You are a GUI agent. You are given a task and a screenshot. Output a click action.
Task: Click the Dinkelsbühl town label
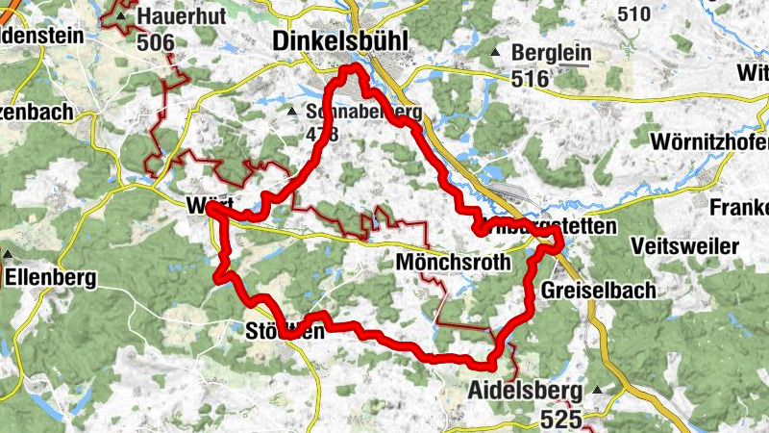pyautogui.click(x=340, y=40)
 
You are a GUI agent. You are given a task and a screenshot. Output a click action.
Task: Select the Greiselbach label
pyautogui.click(x=598, y=290)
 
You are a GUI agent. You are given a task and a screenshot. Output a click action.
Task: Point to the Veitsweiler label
pyautogui.click(x=685, y=245)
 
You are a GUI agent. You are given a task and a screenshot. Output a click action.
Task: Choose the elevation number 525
pyautogui.click(x=560, y=419)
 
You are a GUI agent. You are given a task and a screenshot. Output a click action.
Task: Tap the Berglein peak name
pyautogui.click(x=551, y=54)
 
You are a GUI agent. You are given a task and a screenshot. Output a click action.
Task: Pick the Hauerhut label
pyautogui.click(x=175, y=16)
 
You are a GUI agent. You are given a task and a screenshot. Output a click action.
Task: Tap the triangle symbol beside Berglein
pyautogui.click(x=496, y=53)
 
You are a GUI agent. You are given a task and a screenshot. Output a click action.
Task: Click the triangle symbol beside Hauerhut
pyautogui.click(x=120, y=16)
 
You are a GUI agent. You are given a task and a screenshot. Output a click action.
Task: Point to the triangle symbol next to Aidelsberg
pyautogui.click(x=598, y=391)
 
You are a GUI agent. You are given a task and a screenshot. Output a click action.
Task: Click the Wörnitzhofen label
pyautogui.click(x=709, y=143)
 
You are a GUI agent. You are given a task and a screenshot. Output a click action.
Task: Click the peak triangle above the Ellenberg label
pyautogui.click(x=8, y=256)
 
